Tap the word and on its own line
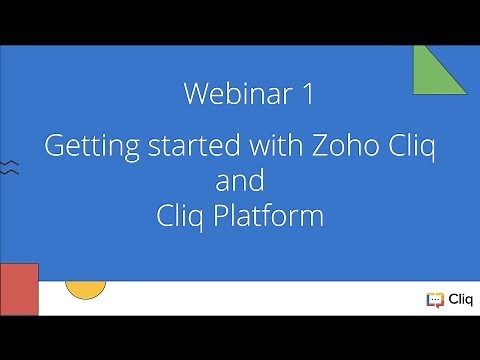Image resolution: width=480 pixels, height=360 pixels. [240, 181]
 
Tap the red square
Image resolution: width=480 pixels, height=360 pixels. [18, 289]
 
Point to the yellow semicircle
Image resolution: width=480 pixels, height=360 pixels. [85, 290]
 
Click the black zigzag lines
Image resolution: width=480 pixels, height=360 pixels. [9, 166]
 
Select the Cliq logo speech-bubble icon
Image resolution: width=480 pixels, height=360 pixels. [435, 298]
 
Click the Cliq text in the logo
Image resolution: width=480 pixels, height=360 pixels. [459, 298]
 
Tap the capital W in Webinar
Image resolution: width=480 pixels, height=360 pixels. [194, 94]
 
